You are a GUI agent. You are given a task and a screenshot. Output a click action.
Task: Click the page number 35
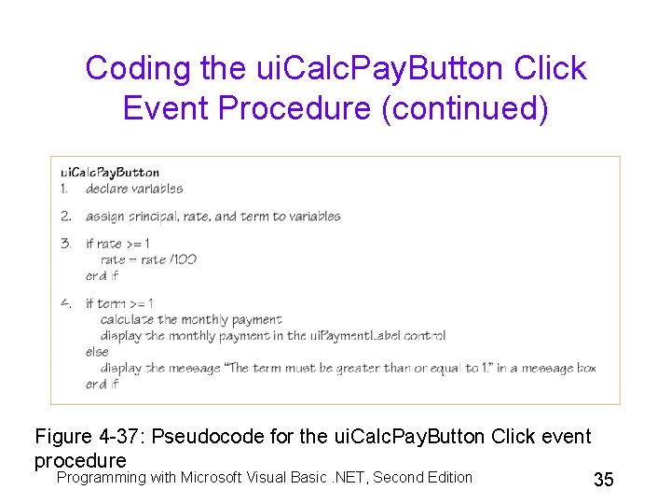point(603,480)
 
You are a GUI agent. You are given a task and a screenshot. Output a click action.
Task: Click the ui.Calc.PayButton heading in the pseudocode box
point(110,172)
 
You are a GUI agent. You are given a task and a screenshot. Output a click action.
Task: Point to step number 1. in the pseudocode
point(65,189)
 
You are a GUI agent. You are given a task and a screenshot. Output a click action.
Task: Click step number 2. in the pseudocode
point(66,217)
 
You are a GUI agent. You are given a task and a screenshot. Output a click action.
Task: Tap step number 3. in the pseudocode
point(66,244)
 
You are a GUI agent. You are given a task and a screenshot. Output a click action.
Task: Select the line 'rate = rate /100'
point(148,259)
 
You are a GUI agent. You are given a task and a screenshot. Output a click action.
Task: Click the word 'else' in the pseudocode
point(96,352)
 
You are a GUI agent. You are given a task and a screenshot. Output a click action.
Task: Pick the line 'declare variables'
point(134,189)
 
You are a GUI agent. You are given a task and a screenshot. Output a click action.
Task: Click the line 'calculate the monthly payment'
point(191,320)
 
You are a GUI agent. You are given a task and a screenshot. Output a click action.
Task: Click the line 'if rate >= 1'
point(117,244)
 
